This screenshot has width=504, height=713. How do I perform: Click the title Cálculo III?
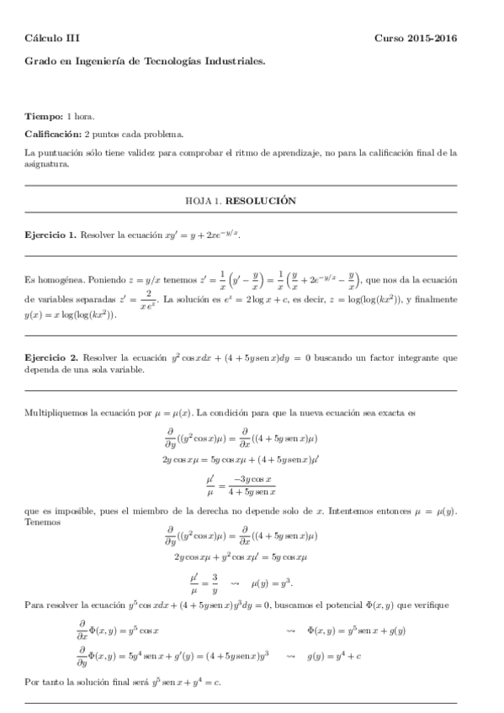coord(52,38)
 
